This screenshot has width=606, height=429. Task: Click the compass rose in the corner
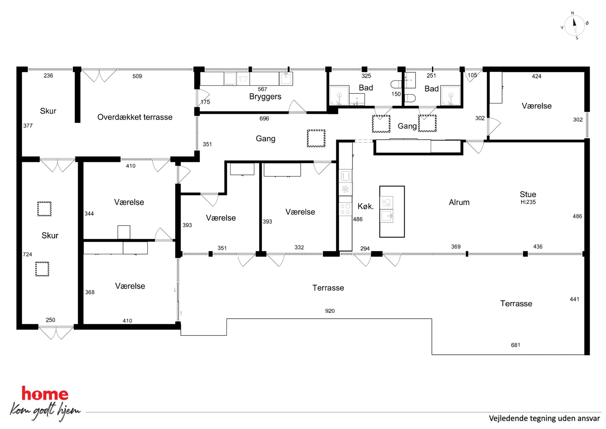[575, 26]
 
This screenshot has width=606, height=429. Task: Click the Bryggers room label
[265, 97]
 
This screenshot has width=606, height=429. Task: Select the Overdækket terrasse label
[135, 117]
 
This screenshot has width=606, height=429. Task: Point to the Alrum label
[459, 202]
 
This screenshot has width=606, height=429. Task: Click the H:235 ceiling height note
[528, 202]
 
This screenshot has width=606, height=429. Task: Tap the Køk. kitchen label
[366, 206]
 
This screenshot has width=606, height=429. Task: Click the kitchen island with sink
[392, 212]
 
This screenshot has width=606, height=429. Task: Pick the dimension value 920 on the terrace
[330, 311]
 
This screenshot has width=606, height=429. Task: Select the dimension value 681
[516, 345]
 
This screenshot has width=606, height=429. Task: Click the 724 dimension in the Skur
[27, 254]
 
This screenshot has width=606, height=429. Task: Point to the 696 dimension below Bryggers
[264, 118]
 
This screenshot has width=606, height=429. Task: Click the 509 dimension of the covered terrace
[137, 76]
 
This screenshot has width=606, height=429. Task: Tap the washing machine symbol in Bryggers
[243, 79]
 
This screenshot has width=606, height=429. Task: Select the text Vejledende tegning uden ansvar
[544, 418]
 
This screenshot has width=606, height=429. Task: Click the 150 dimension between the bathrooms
[396, 94]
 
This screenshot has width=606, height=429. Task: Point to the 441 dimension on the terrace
[575, 299]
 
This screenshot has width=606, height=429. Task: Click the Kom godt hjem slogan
[45, 411]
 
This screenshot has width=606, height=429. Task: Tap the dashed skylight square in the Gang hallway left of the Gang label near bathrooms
[381, 124]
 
